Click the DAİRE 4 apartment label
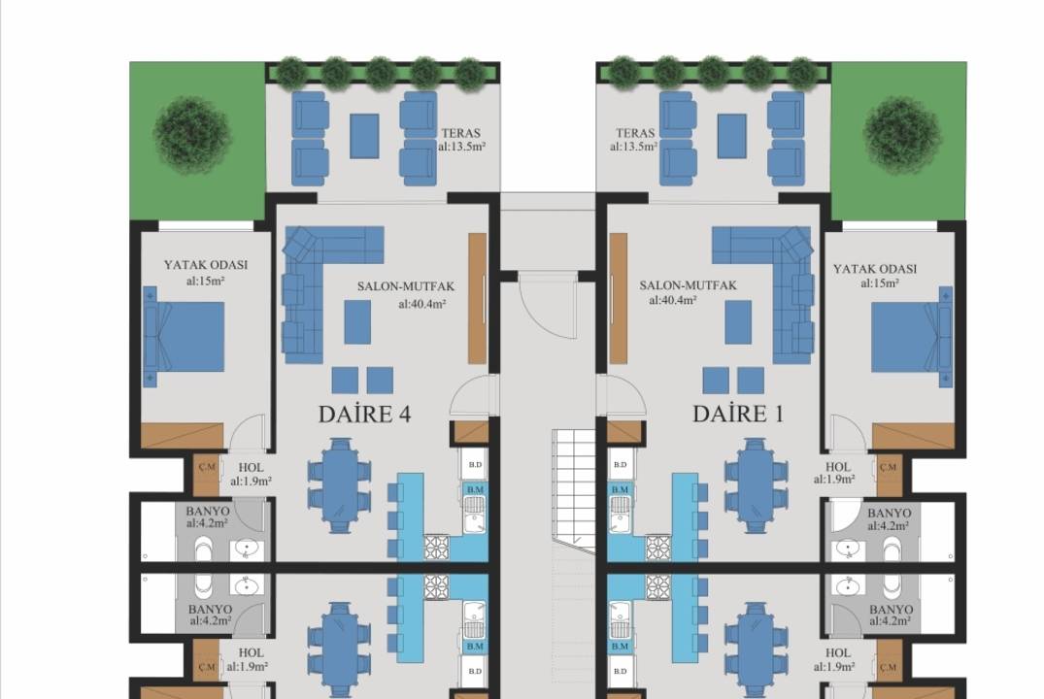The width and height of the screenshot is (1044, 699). point(365,415)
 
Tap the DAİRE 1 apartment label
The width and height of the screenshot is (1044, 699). point(738,415)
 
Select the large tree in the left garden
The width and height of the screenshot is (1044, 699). point(191,135)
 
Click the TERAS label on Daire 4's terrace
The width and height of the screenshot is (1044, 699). point(460,133)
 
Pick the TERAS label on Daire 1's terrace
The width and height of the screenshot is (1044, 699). point(636,133)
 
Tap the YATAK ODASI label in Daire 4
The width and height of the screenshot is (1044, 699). point(206,265)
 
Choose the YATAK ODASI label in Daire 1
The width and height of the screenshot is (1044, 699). point(875,269)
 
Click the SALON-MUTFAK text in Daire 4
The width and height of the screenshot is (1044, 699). point(406,286)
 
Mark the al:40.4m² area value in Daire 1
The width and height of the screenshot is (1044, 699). point(672,300)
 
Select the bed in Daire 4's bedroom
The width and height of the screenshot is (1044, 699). point(185,337)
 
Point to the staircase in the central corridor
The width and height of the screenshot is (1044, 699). point(573,491)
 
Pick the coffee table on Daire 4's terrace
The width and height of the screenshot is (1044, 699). point(364,136)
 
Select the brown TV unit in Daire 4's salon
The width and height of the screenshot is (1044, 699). point(478,298)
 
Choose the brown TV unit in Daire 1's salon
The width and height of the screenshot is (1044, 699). point(619,298)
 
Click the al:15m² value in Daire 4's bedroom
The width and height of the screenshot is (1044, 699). point(206,281)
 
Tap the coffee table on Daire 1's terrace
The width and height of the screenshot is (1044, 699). point(731,136)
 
